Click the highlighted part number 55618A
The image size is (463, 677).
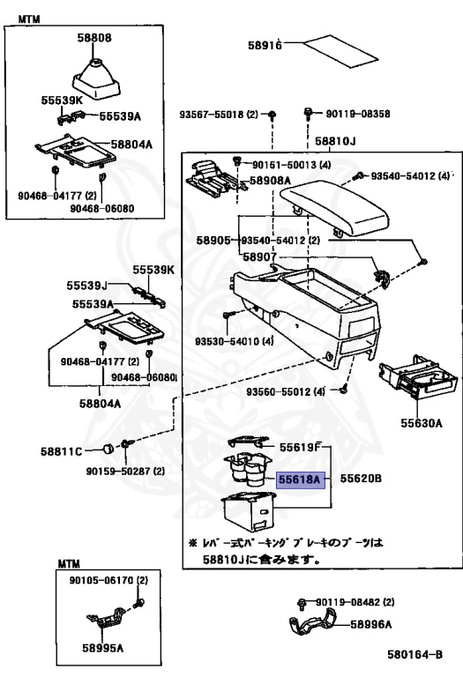(300, 480)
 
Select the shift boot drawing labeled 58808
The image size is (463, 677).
(95, 80)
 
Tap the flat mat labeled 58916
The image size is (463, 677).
(340, 51)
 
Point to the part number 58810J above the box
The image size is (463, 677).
(335, 141)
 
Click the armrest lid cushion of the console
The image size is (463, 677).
(335, 209)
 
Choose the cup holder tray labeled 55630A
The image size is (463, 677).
(418, 380)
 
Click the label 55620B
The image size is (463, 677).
(361, 479)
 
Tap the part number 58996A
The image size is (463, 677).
(370, 624)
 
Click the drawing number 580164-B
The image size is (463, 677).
(414, 655)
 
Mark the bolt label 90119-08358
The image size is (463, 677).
(358, 114)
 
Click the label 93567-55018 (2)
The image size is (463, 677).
(219, 115)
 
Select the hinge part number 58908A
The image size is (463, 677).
(270, 181)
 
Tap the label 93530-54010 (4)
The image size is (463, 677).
(234, 341)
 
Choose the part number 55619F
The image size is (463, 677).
(300, 447)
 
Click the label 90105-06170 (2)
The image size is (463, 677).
(108, 580)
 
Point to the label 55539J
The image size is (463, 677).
(86, 286)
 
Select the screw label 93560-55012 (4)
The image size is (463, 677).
(286, 391)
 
